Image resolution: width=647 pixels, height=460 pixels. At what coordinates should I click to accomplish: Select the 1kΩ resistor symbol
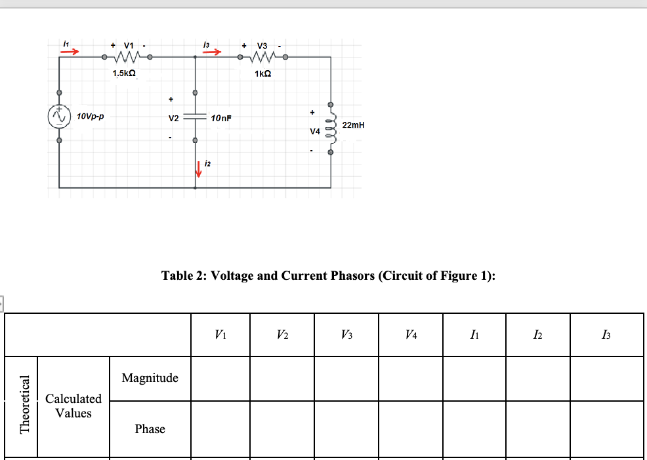point(262,57)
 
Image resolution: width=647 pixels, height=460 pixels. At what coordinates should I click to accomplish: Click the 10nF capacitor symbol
point(195,119)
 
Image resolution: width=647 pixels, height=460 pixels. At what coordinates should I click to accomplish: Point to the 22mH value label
point(353,125)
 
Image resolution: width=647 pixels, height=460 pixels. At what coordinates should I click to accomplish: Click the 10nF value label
point(221,119)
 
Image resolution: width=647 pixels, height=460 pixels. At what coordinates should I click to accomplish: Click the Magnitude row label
point(150,378)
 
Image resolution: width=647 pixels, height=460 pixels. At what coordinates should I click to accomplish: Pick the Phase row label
point(150,429)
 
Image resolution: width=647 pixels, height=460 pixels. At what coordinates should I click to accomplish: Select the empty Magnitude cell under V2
point(281,378)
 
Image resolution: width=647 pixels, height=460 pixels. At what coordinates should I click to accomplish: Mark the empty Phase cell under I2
point(538,429)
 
